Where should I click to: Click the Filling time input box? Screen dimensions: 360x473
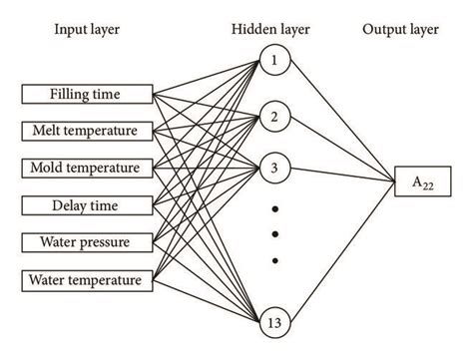click(x=87, y=95)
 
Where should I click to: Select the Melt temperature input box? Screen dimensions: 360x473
click(x=87, y=131)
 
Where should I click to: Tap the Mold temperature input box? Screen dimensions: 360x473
click(x=87, y=167)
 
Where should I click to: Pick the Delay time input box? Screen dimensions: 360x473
click(x=87, y=205)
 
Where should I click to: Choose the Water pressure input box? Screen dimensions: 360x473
click(x=87, y=241)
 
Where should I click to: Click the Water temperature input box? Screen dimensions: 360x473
click(x=87, y=278)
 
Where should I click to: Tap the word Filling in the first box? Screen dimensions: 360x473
click(x=71, y=95)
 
